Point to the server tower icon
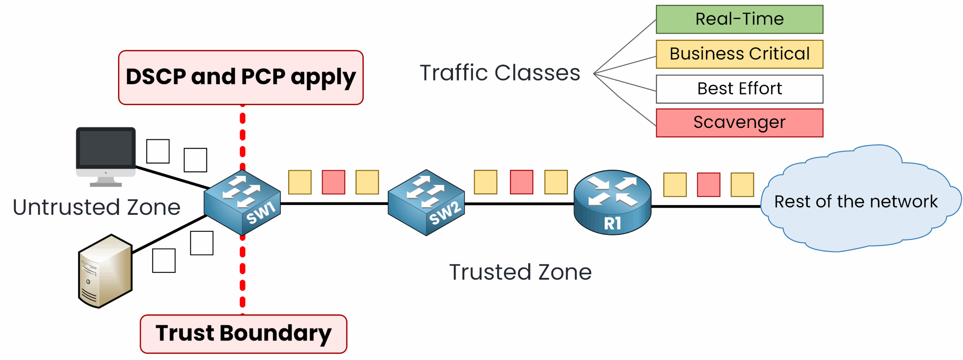105,271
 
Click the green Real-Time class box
739,19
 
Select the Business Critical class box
739,54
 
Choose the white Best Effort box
739,89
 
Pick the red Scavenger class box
739,123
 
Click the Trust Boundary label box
243,334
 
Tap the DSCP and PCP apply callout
241,77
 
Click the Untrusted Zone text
97,207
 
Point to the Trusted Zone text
520,272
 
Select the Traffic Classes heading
500,73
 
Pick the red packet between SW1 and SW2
333,182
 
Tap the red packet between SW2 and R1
521,182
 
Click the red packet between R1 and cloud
708,185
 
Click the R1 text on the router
612,223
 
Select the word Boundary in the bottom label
275,334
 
